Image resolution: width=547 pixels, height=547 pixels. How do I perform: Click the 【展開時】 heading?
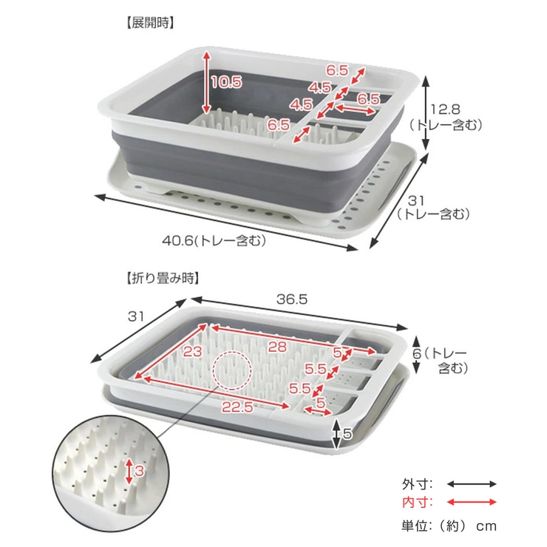pos(149,24)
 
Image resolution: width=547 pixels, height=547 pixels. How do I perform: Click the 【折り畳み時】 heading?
pos(163,279)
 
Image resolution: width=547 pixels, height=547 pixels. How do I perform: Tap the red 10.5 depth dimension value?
pos(226,82)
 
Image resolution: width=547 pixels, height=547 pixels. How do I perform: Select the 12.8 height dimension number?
pos(445,109)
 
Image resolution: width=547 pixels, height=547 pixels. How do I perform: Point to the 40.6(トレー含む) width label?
pos(214,241)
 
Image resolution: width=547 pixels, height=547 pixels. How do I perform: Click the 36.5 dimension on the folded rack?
pos(292,299)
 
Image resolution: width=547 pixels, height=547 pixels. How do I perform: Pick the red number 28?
pos(277,347)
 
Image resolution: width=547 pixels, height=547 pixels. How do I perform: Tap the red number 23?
pos(193,351)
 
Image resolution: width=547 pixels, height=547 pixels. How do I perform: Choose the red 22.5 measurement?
pos(237,407)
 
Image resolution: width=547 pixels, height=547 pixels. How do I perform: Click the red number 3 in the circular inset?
pos(139,471)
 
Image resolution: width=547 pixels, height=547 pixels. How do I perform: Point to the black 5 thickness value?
pos(347,434)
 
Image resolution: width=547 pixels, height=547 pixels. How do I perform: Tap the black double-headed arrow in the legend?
pos(472,484)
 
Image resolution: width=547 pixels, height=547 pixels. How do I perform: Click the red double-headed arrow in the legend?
pos(472,503)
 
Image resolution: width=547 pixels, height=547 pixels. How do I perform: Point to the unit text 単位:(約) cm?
pos(449,526)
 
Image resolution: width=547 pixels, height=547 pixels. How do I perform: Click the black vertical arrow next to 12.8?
pos(425,112)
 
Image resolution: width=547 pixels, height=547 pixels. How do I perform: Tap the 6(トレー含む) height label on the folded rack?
pos(441,361)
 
